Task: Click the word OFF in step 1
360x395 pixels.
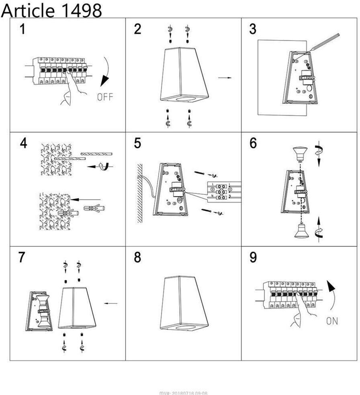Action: [x=105, y=97]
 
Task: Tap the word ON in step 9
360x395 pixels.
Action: [x=332, y=321]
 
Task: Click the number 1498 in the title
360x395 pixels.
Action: [x=81, y=10]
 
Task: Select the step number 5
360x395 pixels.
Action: [x=138, y=143]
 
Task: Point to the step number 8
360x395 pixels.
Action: [x=137, y=257]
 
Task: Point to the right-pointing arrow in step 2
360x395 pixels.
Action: [x=225, y=77]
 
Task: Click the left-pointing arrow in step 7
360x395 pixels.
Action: [x=111, y=303]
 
